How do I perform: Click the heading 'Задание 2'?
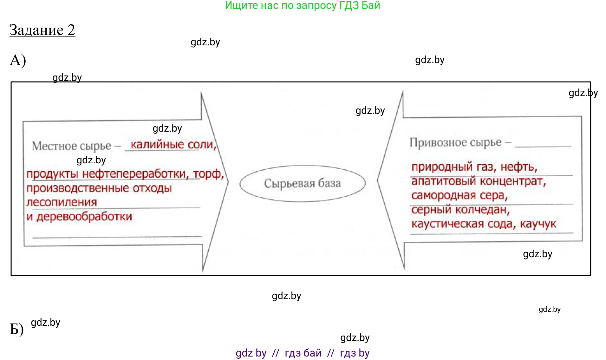pyautogui.click(x=42, y=30)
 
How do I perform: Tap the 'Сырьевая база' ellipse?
pyautogui.click(x=302, y=183)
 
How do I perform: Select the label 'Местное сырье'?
pyautogui.click(x=71, y=146)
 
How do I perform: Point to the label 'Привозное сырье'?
pyautogui.click(x=455, y=142)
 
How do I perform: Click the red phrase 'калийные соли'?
pyautogui.click(x=173, y=145)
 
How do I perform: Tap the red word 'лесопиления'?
pyautogui.click(x=62, y=202)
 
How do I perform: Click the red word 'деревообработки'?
pyautogui.click(x=84, y=217)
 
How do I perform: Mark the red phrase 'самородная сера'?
pyautogui.click(x=459, y=195)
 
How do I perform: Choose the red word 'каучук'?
pyautogui.click(x=538, y=224)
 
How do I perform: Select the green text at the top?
pyautogui.click(x=302, y=5)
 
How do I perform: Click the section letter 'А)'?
pyautogui.click(x=18, y=60)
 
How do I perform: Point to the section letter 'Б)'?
pyautogui.click(x=16, y=329)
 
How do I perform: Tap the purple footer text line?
pyautogui.click(x=303, y=353)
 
